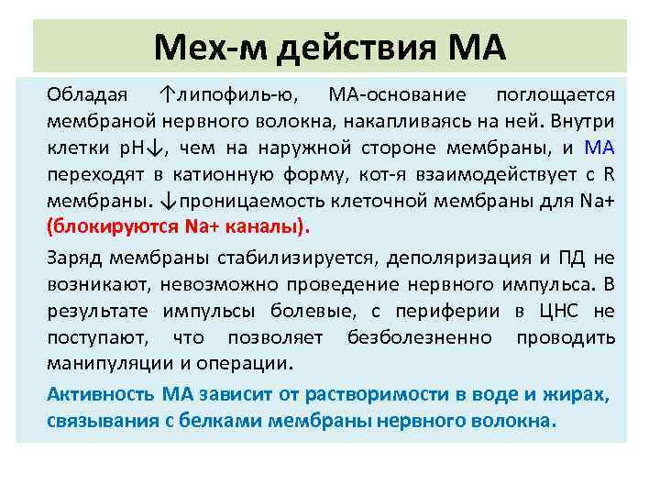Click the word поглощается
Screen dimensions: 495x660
coord(555,95)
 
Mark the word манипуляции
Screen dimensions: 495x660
coord(101,363)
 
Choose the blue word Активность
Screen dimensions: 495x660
coord(101,395)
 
